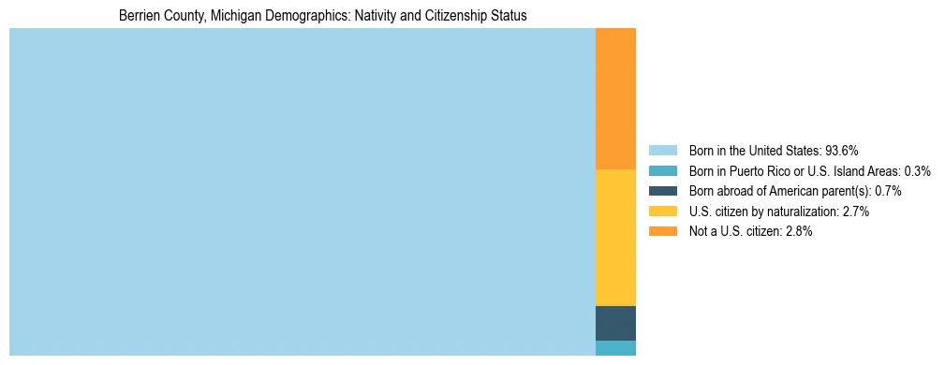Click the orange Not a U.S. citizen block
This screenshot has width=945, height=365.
point(615,98)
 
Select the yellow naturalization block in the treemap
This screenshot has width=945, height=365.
point(615,237)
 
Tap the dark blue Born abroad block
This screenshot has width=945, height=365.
point(615,323)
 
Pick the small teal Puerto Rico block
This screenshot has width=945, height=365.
point(615,348)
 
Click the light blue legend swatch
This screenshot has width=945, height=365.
point(662,150)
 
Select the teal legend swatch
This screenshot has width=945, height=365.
point(662,170)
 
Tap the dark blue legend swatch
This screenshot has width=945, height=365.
point(662,191)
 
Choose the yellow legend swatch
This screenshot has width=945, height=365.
point(662,212)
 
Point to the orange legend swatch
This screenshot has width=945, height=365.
point(662,231)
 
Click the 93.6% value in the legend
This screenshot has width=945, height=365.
point(842,150)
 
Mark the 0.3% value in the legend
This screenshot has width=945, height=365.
point(917,170)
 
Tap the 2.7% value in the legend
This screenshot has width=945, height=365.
point(855,212)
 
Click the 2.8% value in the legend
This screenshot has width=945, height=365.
point(798,231)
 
